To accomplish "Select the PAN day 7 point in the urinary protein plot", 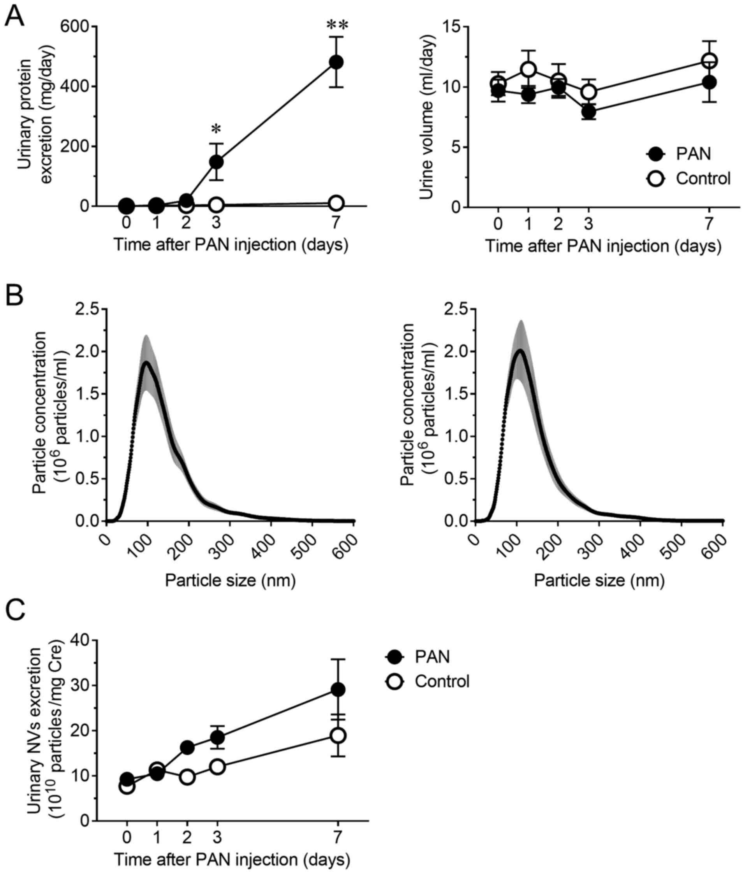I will coord(336,62).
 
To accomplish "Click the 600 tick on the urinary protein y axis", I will coord(76,26).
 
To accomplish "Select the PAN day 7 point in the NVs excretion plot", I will coord(338,690).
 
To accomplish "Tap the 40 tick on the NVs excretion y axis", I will coord(81,640).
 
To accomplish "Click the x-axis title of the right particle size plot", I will coord(599,581).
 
